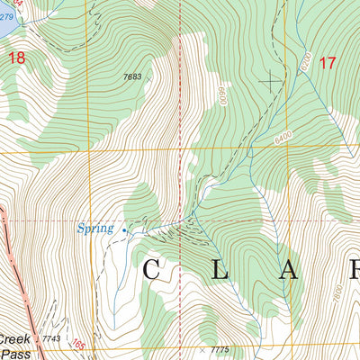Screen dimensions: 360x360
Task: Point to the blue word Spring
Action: pos(94,229)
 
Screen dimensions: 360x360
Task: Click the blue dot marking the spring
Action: pos(124,230)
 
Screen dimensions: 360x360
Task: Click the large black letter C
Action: pos(151,269)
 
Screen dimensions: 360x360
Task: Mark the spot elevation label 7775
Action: pos(220,349)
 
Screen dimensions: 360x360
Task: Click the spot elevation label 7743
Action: pos(50,338)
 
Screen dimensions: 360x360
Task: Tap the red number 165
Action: pos(80,345)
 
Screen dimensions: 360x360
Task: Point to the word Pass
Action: pos(13,354)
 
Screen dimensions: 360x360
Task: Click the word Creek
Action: pos(13,340)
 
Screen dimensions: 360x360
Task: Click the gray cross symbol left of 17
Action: pos(269,80)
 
